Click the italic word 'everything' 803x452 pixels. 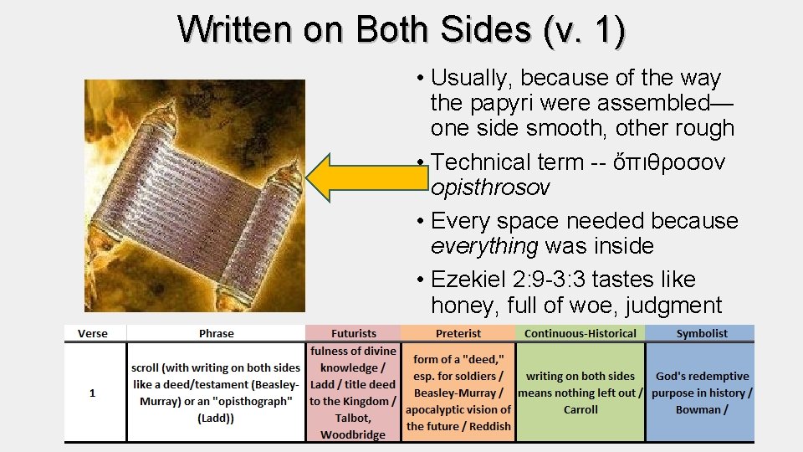pos(484,246)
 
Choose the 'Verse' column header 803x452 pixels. pos(93,333)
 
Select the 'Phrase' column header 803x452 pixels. pos(217,333)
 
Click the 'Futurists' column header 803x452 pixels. pos(353,333)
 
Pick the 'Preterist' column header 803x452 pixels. pos(458,333)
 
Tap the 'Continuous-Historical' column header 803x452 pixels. pos(581,333)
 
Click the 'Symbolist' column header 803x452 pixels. pos(702,333)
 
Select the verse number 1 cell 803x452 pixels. pos(93,393)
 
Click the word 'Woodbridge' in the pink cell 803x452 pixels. pos(353,434)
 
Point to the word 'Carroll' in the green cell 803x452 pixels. pos(581,409)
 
